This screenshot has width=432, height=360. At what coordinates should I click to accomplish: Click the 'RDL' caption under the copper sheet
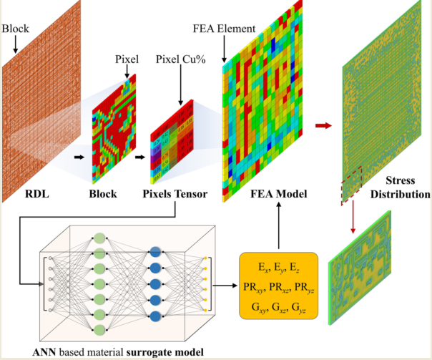(36, 193)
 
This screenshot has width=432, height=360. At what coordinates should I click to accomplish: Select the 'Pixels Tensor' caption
(174, 193)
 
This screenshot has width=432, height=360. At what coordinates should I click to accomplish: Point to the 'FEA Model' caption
(275, 193)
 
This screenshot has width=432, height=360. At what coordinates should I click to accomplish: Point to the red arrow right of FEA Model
(324, 126)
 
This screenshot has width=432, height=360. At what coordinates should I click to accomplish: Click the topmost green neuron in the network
(99, 238)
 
